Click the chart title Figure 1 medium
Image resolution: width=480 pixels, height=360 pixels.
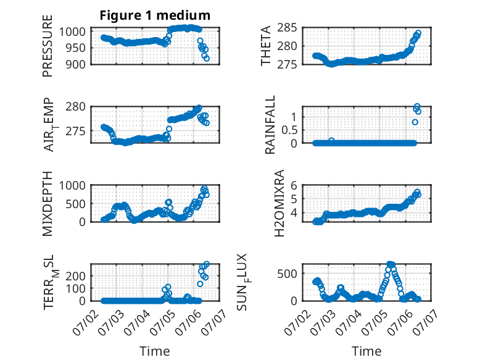click(x=155, y=15)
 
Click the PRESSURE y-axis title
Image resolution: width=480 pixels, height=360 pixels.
click(x=48, y=46)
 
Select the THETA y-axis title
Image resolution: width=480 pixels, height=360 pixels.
click(x=266, y=46)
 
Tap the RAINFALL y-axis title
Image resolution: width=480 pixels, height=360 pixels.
click(x=270, y=125)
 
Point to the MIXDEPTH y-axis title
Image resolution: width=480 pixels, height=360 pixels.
click(x=48, y=203)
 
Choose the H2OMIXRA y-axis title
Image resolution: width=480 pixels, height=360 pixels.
click(x=279, y=203)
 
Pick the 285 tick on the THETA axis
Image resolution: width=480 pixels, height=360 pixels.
click(x=287, y=28)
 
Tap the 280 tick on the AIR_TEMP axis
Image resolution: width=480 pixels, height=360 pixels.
click(x=75, y=107)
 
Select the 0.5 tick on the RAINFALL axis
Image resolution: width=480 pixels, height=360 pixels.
click(x=289, y=130)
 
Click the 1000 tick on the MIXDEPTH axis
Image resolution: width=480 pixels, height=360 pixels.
click(x=72, y=185)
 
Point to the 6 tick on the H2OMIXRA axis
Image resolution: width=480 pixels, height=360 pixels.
click(x=294, y=185)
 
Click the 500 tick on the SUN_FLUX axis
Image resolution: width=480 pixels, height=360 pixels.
click(x=287, y=274)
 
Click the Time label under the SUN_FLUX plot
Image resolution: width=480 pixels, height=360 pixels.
click(x=366, y=351)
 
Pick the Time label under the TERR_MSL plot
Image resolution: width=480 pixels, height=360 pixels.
click(x=155, y=351)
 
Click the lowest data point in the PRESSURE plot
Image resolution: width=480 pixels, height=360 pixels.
click(x=207, y=58)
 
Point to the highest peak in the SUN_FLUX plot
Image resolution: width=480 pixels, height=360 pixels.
click(x=389, y=264)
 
